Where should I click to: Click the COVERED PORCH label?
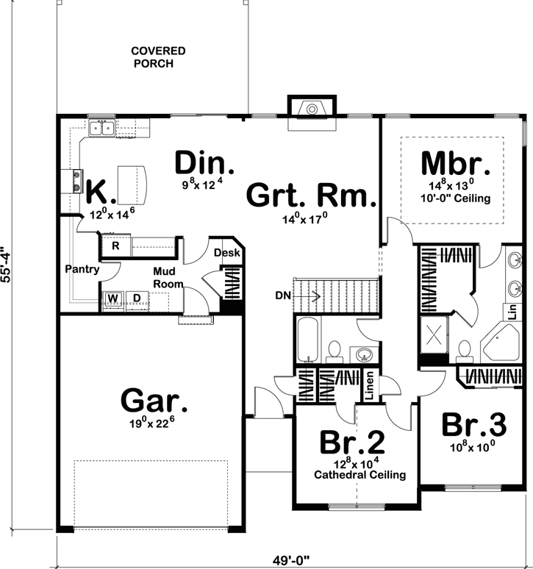[158, 57]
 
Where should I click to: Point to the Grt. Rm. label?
[311, 197]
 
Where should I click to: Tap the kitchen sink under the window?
[101, 129]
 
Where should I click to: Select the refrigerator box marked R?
[115, 246]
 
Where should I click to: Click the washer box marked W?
[113, 298]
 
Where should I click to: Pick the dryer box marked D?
[137, 298]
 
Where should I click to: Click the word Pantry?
[81, 269]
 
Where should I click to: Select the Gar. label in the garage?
[154, 401]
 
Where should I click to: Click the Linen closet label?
[370, 387]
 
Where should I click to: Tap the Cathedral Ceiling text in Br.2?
[359, 475]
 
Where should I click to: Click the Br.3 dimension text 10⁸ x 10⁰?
[473, 445]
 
